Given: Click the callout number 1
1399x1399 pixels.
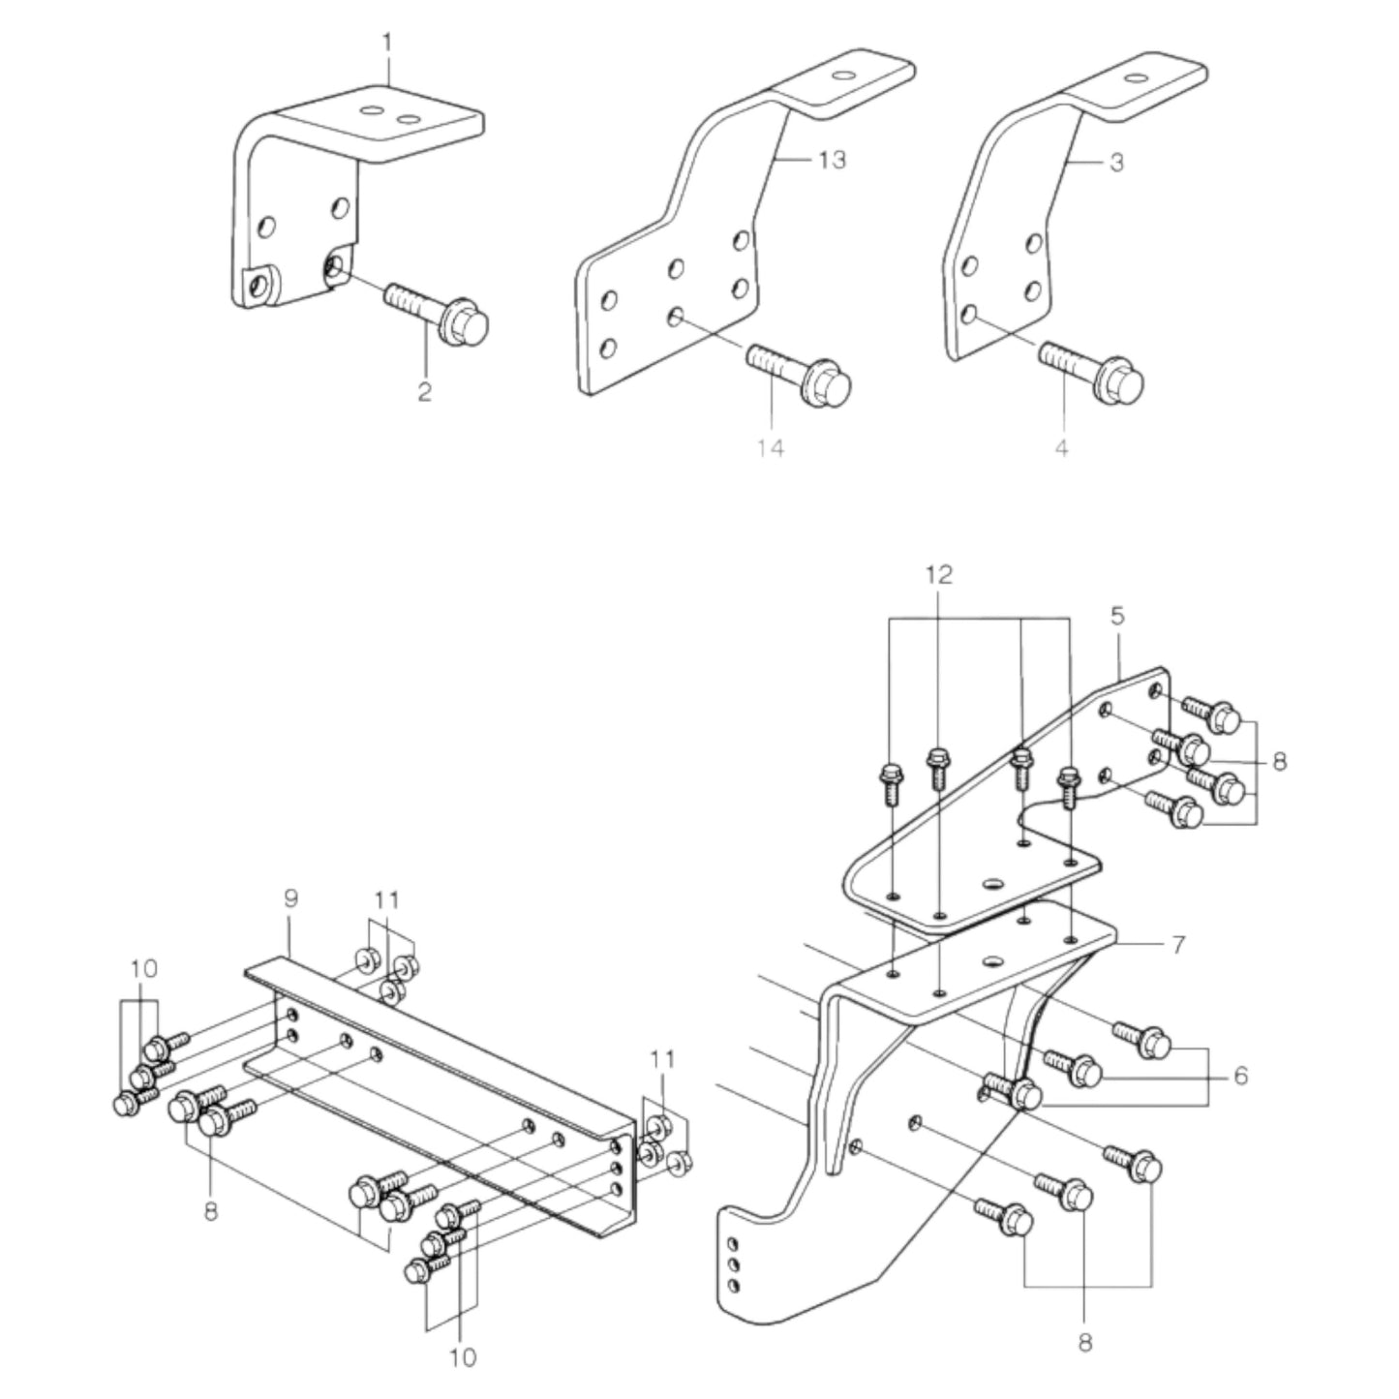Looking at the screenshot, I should [x=388, y=44].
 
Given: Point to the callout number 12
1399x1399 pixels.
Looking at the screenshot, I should [x=938, y=574].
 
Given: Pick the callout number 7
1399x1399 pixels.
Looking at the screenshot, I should [x=1177, y=944].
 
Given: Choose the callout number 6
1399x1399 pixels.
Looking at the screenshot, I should [x=1240, y=1076].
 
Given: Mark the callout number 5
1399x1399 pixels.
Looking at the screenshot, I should [x=1118, y=615].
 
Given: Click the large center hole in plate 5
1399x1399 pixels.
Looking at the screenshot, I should [x=991, y=884].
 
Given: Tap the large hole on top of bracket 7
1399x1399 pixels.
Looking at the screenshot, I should [x=989, y=961].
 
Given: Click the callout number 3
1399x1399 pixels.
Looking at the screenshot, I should [x=1116, y=163].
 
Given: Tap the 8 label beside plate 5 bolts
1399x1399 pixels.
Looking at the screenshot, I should [x=1280, y=762].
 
